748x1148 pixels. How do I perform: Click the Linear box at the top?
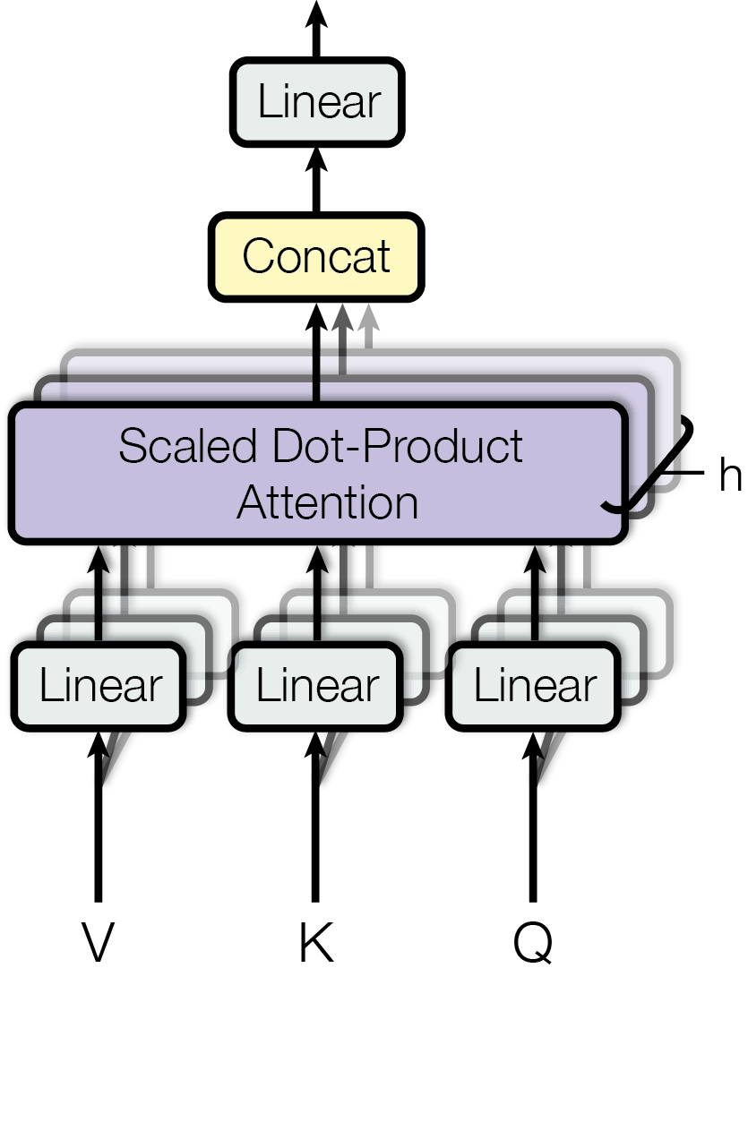coord(318,102)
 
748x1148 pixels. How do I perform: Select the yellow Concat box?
coord(316,256)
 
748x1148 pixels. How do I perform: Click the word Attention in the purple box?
coord(327,501)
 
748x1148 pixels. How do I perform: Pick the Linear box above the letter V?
coord(100,686)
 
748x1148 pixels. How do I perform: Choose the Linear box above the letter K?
coord(317,686)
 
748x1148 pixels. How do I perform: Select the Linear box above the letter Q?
coord(534,686)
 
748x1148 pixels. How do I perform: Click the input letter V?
coord(99,942)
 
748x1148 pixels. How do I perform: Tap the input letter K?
coord(315,942)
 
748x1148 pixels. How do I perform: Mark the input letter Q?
coord(533,944)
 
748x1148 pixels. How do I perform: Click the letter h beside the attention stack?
coord(730,476)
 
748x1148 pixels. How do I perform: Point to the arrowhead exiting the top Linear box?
coord(316,13)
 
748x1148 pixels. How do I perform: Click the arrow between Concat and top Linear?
coord(316,179)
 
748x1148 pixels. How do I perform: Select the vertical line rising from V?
coord(99,842)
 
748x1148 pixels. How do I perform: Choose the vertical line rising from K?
coord(315,842)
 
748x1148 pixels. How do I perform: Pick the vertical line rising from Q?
coord(534,842)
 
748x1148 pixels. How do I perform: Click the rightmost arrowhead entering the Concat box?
coord(367,317)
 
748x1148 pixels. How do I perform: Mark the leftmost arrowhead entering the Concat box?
coord(316,317)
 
